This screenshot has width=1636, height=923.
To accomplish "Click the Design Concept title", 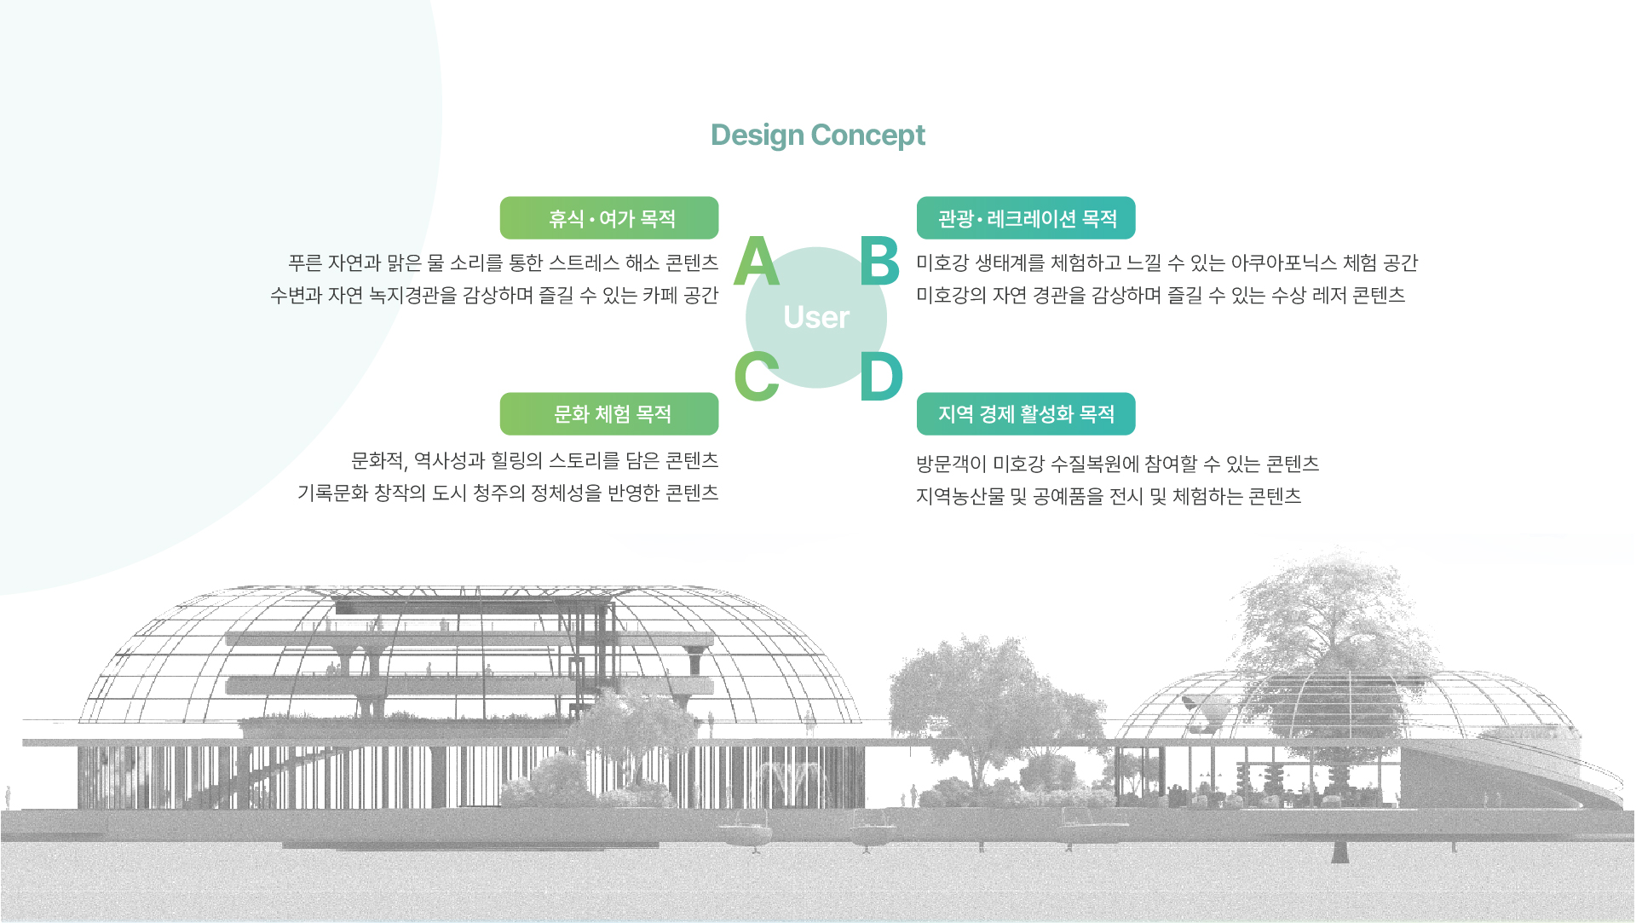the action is tap(818, 135).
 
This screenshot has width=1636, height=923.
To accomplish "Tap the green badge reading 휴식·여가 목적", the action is tap(609, 218).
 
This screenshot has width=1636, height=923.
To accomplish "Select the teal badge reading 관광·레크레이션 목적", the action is tap(1026, 218).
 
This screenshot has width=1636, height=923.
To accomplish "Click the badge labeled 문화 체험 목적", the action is tap(609, 414).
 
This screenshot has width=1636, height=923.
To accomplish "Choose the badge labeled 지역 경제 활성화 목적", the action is tap(1026, 414).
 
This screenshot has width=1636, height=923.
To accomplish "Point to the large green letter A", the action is tap(757, 261).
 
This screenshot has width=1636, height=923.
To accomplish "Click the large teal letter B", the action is tap(879, 261).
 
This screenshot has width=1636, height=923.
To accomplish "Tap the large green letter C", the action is tap(757, 376).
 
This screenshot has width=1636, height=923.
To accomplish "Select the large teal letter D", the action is tap(881, 376).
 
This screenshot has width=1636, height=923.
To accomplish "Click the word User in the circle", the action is tap(816, 317).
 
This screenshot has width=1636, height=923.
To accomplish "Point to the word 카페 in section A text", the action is tap(660, 295).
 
